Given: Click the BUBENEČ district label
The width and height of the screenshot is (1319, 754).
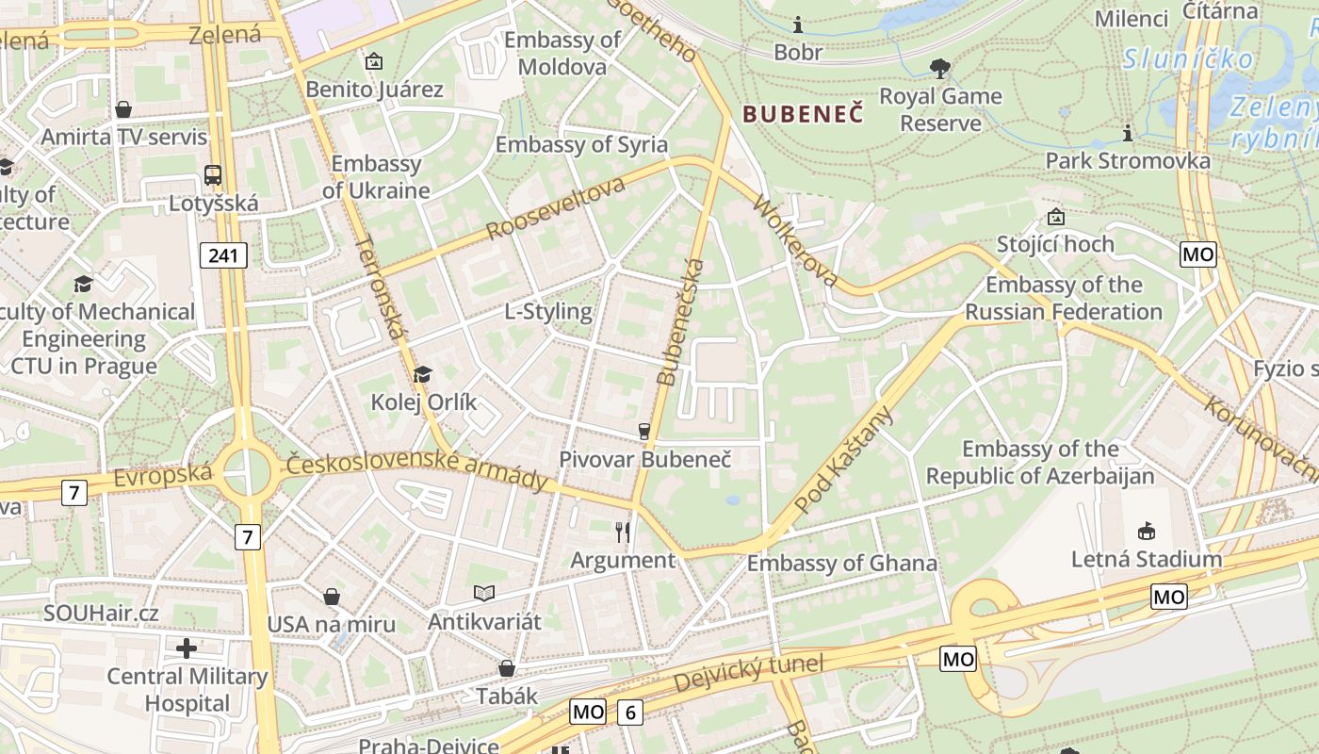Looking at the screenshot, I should point(803,115).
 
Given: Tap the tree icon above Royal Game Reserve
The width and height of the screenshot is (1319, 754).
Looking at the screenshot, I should point(939,68).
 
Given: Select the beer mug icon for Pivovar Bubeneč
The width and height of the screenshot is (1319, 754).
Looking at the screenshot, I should point(644,431).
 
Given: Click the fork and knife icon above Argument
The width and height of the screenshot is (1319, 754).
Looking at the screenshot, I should point(623,533).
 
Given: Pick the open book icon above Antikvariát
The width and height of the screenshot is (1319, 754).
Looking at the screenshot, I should point(484,593).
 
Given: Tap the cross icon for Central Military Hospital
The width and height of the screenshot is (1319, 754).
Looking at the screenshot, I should point(187,647).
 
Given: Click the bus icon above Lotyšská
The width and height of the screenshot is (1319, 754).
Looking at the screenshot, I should point(213,174).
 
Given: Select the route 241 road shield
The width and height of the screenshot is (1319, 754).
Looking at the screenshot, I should point(223,254).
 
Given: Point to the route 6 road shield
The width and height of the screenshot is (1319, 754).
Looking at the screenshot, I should point(629,713).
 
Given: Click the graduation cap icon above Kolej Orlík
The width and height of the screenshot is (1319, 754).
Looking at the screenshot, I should point(422,374).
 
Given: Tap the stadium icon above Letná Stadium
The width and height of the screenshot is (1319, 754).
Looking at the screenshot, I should point(1146,531).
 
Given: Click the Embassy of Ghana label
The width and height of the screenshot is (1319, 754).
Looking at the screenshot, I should point(842,564).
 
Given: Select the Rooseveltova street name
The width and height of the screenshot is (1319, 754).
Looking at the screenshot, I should point(556,207).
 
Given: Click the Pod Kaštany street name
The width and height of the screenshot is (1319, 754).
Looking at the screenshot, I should point(842,460).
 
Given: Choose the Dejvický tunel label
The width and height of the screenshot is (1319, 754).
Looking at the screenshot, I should point(749,675).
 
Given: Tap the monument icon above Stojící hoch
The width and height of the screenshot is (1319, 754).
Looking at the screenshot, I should point(1055,217).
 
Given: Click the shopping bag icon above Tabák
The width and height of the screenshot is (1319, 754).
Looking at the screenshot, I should point(507,668).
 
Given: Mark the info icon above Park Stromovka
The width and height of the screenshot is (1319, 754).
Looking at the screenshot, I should point(1128,133).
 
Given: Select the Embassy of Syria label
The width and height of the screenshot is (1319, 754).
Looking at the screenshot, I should point(581,144).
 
